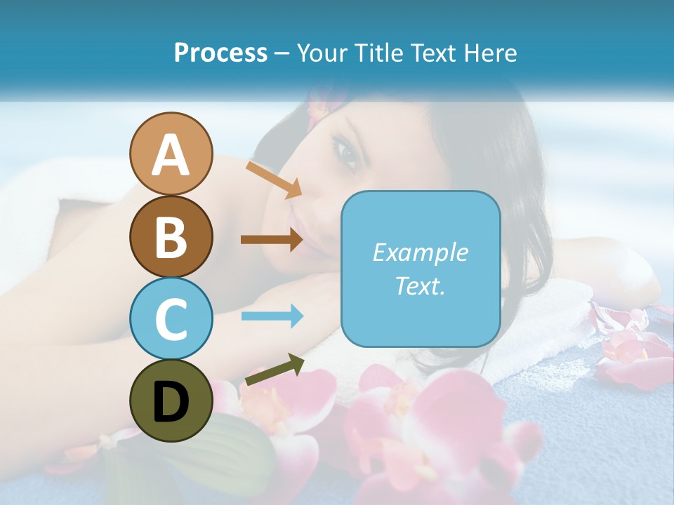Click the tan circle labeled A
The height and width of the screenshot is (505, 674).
pos(171,154)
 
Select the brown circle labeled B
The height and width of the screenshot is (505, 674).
pos(171,236)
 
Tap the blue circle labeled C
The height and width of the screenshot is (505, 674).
pos(171,318)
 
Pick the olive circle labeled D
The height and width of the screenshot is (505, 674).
pos(171,400)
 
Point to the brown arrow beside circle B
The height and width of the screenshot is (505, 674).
pos(272,239)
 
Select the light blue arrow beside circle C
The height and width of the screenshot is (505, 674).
pos(272,316)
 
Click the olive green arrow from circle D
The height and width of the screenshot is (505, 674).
pos(275,370)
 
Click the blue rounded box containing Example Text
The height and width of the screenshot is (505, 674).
pos(420,269)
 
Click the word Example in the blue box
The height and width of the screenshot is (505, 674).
pos(420,252)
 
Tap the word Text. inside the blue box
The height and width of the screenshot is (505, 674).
pos(420,285)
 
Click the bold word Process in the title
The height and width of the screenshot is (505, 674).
pos(220,53)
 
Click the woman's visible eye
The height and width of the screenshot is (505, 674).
pos(348,151)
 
